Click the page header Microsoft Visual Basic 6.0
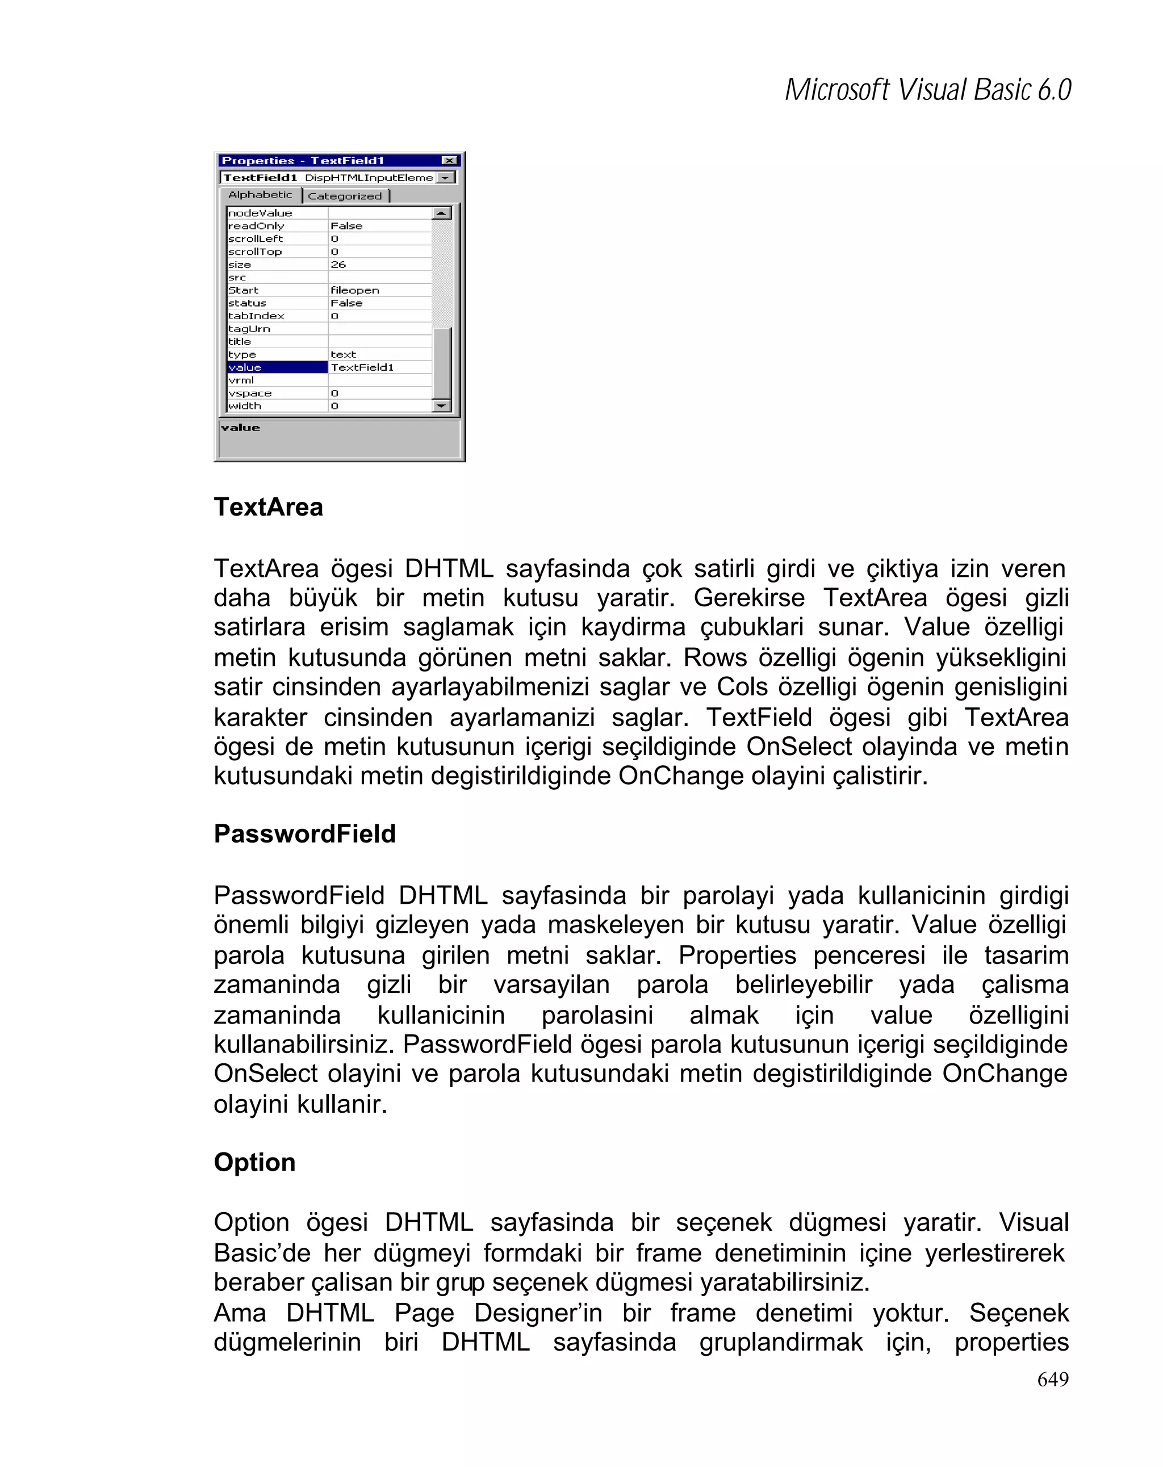(927, 90)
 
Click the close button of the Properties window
(449, 161)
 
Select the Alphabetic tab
(260, 195)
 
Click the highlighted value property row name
(277, 367)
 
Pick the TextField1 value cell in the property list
(362, 367)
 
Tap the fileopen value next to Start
(354, 291)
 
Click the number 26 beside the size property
(338, 265)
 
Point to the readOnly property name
(257, 226)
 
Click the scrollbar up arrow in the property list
(442, 213)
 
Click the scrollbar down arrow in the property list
(442, 406)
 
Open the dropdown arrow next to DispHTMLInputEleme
(445, 178)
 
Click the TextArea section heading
(268, 508)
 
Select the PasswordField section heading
(304, 834)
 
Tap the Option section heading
(254, 1162)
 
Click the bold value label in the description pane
(240, 428)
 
